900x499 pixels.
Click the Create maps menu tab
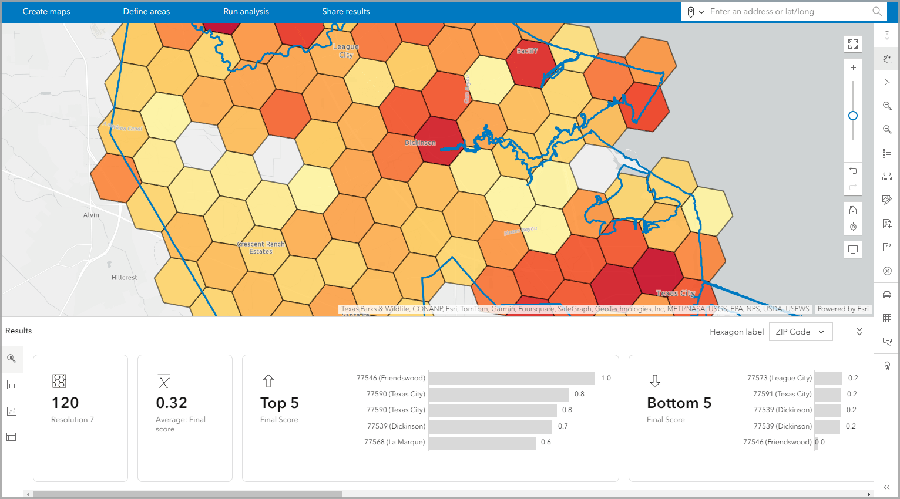point(46,12)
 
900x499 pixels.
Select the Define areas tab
point(146,12)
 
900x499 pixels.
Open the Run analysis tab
point(246,12)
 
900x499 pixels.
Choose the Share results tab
point(346,12)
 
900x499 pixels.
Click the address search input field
point(787,12)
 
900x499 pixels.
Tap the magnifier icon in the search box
point(877,12)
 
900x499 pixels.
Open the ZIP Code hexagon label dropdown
point(800,332)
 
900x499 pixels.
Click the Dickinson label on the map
point(420,143)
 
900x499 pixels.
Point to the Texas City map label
point(676,293)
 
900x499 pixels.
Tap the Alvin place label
point(91,215)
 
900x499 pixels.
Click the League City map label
point(346,50)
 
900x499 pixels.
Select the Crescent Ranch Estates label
point(261,248)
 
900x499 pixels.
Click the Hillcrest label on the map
point(125,278)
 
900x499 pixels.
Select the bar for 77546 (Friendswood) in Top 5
point(512,379)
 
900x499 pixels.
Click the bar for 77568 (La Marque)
point(482,443)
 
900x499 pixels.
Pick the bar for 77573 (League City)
point(828,379)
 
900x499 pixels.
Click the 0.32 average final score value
point(172,403)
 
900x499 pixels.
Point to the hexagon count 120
point(65,403)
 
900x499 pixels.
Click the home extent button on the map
point(853,210)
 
